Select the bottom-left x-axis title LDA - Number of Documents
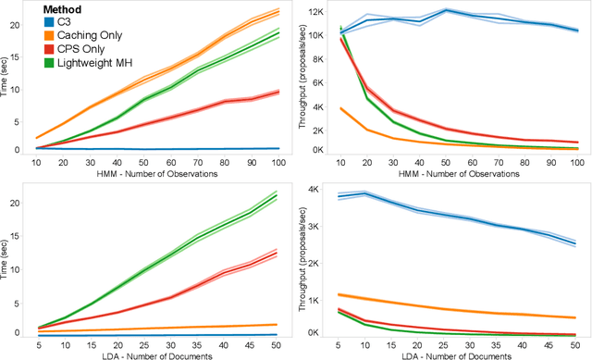pyautogui.click(x=156, y=355)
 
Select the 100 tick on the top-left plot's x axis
pyautogui.click(x=278, y=161)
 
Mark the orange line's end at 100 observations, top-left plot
pyautogui.click(x=278, y=11)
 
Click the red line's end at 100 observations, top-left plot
pyautogui.click(x=278, y=91)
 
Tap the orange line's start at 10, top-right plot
pyautogui.click(x=344, y=108)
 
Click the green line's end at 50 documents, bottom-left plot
pyautogui.click(x=278, y=195)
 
